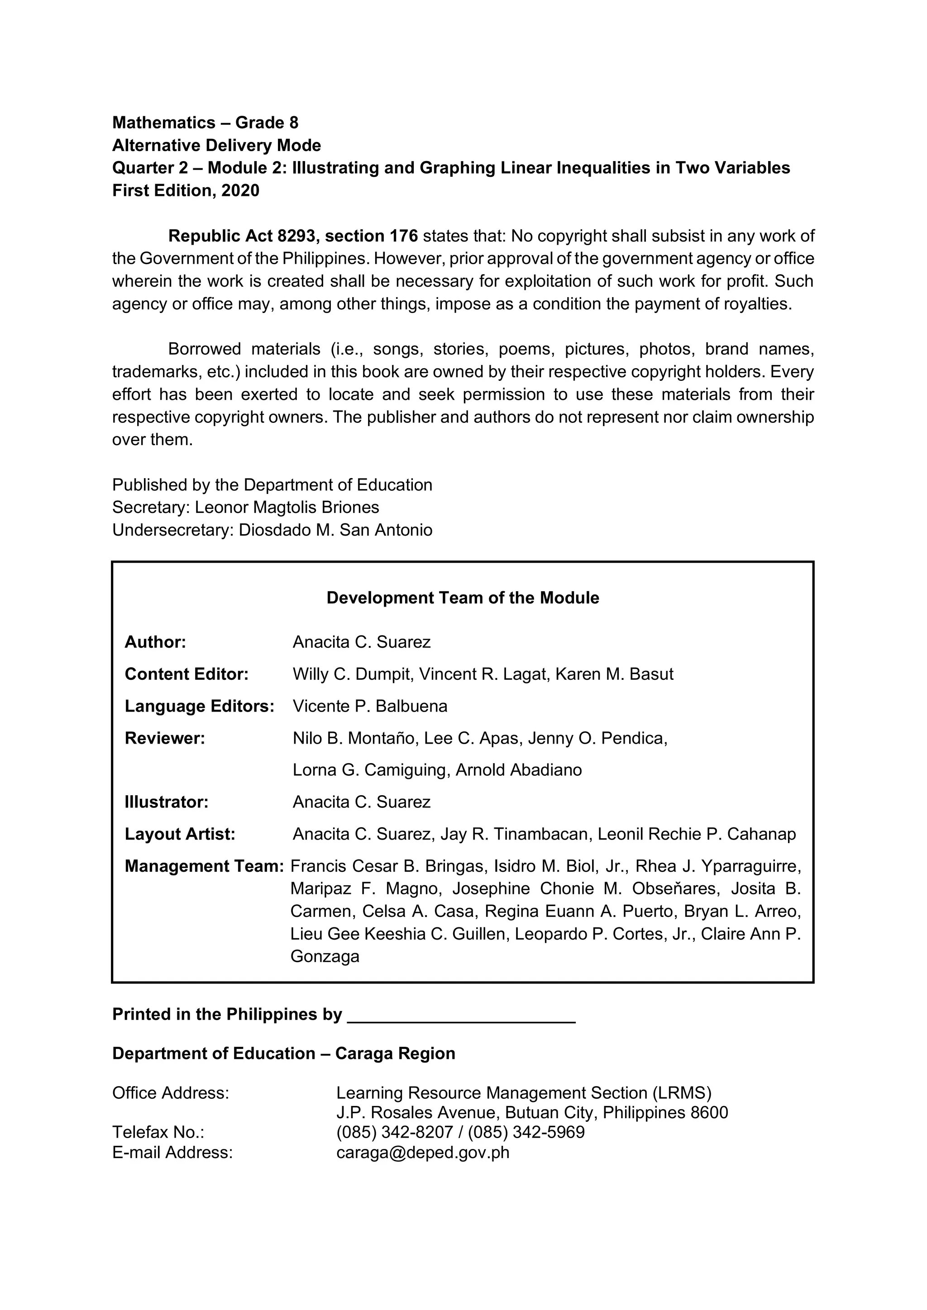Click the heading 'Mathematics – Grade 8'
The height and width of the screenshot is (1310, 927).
point(205,123)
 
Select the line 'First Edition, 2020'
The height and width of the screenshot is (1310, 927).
point(186,190)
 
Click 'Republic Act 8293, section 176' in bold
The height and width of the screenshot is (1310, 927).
point(293,236)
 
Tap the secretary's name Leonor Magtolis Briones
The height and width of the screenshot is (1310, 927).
point(287,507)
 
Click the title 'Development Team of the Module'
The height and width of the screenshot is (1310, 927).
point(462,598)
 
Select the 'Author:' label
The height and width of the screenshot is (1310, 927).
point(155,642)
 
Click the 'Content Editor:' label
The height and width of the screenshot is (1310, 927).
point(186,674)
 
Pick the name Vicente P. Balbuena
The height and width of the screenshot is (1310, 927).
point(370,707)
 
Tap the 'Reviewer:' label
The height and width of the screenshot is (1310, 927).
point(164,738)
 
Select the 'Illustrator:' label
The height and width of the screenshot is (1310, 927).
point(166,802)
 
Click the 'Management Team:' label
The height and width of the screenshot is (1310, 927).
point(204,866)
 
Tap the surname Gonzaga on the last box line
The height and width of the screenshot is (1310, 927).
point(325,956)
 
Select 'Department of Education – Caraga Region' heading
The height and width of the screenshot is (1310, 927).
point(284,1053)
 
